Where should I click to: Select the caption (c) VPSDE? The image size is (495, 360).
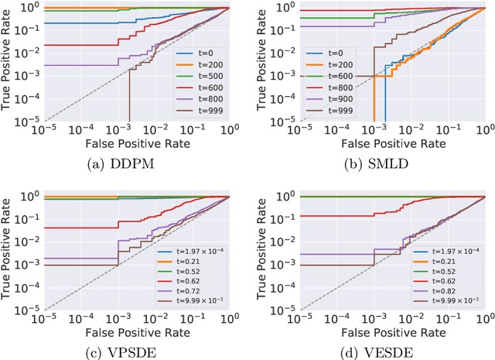pyautogui.click(x=124, y=347)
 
